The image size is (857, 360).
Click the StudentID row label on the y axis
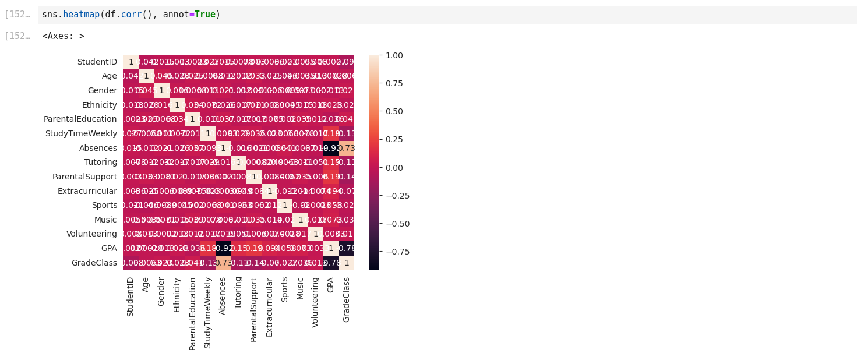pos(97,62)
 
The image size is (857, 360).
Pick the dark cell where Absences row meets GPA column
pos(331,148)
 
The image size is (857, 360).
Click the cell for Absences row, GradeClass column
pos(347,148)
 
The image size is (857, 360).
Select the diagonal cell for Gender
pos(161,90)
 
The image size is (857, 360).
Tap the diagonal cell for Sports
pos(285,205)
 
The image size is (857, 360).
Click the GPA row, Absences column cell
pos(223,248)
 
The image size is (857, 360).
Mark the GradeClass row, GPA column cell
pos(331,263)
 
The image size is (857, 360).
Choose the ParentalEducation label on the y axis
pos(80,119)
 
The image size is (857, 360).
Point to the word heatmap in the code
pos(81,15)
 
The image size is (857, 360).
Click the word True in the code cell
pos(204,15)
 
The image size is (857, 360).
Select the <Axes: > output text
pos(63,36)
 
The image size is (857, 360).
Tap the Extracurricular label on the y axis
pos(87,191)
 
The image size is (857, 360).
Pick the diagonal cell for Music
pos(300,220)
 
